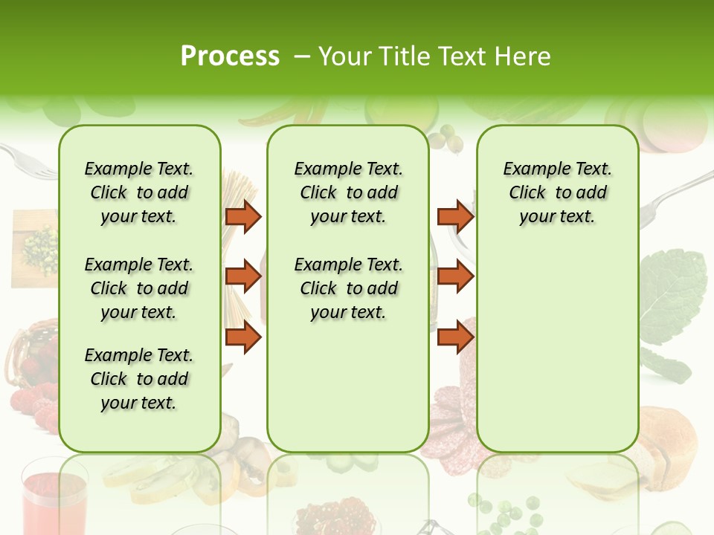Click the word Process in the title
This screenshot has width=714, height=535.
(230, 56)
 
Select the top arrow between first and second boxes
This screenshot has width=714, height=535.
(243, 216)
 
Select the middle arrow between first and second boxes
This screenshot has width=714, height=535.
(243, 276)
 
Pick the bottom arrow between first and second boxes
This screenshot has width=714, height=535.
(243, 337)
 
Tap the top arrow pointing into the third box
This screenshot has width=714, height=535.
(455, 216)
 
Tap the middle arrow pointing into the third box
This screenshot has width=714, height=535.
(455, 276)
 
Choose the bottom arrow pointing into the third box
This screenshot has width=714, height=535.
(455, 337)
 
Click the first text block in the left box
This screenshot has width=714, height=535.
(139, 192)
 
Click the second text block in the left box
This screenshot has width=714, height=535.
(139, 288)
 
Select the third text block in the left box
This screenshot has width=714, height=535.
(139, 379)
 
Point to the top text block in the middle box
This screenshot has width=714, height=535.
(348, 192)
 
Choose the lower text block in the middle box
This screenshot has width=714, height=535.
(348, 288)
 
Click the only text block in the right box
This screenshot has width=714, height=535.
(557, 192)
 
